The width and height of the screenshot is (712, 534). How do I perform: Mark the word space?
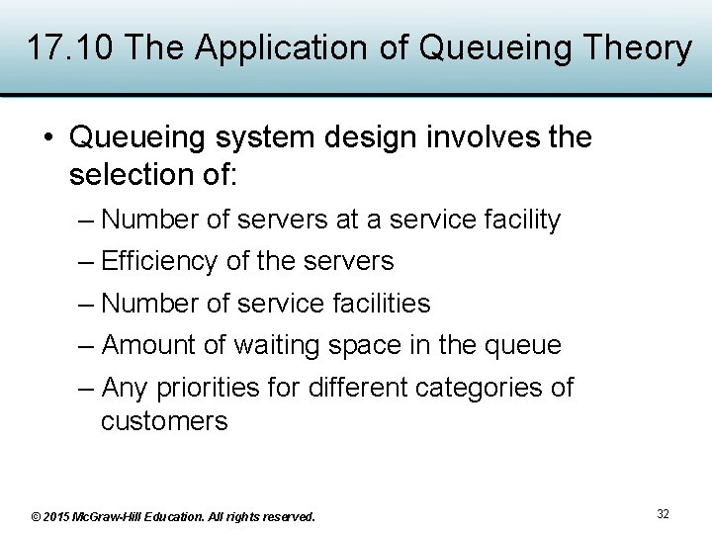(366, 345)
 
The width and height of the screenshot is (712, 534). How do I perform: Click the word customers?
(164, 421)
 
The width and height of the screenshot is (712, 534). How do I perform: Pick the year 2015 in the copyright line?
(56, 516)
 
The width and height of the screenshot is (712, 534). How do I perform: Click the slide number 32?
(663, 514)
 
